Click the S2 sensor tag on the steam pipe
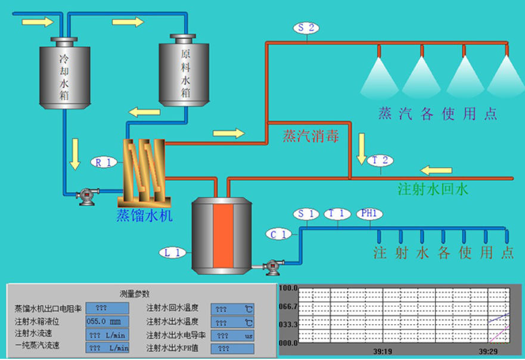coord(307,27)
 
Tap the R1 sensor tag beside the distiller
coord(103,161)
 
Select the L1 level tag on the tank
coord(173,253)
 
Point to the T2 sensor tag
coord(381,160)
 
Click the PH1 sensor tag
coord(369,213)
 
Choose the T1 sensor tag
coord(337,213)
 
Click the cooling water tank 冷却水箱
coord(64,74)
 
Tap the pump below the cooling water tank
coord(88,195)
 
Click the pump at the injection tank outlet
coord(273,266)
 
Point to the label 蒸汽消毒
coord(311,136)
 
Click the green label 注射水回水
coord(433,190)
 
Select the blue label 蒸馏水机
coord(145,216)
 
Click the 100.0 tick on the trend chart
coord(288,288)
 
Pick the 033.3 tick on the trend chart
coord(288,324)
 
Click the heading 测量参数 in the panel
coord(135,294)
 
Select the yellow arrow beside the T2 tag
coord(362,150)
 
